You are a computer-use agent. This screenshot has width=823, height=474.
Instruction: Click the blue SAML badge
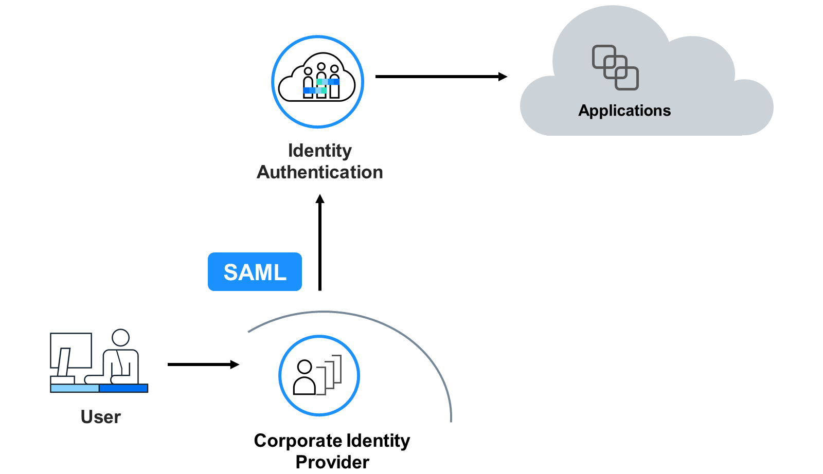[x=255, y=271]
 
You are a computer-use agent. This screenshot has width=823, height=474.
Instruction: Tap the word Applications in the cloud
[x=624, y=111]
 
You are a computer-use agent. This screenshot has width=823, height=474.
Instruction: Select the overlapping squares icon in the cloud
[x=615, y=67]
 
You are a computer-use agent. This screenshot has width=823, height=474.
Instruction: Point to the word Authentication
[x=319, y=172]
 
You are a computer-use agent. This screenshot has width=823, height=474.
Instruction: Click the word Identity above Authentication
[x=319, y=151]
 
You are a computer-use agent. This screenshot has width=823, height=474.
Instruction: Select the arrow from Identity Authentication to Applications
[x=441, y=77]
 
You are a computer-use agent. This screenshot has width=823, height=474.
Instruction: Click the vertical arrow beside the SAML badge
[x=320, y=242]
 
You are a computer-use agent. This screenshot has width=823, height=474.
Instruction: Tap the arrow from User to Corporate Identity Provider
[x=204, y=364]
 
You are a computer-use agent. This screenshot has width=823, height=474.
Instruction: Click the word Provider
[x=332, y=462]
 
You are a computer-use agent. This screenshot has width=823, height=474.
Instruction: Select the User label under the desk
[x=101, y=417]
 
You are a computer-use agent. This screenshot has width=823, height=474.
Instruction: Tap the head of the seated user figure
[x=120, y=337]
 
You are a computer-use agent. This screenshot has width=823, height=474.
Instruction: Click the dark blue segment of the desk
[x=123, y=388]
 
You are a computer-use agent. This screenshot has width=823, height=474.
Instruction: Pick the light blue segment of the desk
[x=75, y=388]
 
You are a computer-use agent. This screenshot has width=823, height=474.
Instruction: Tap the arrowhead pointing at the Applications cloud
[x=503, y=77]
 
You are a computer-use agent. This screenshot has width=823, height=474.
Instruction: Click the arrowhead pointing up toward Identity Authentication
[x=320, y=198]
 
